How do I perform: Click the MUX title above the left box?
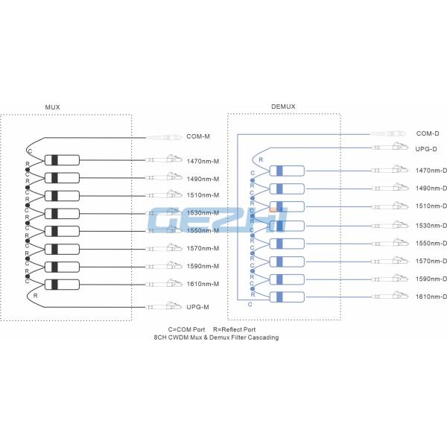point(52,107)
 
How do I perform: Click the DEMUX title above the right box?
point(283,107)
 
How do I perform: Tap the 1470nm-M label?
point(203,161)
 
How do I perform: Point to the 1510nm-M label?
point(203,196)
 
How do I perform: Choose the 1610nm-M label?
point(203,284)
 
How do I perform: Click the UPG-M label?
point(197,307)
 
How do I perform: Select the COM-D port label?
point(428,133)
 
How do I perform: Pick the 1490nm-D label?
point(431,189)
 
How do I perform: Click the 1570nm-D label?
point(431,261)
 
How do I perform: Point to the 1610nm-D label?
point(431,297)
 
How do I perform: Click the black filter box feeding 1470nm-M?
point(62,160)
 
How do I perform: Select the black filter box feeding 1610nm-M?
point(62,284)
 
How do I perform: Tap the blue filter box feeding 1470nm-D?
point(286,171)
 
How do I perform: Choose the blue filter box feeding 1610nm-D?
point(286,297)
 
